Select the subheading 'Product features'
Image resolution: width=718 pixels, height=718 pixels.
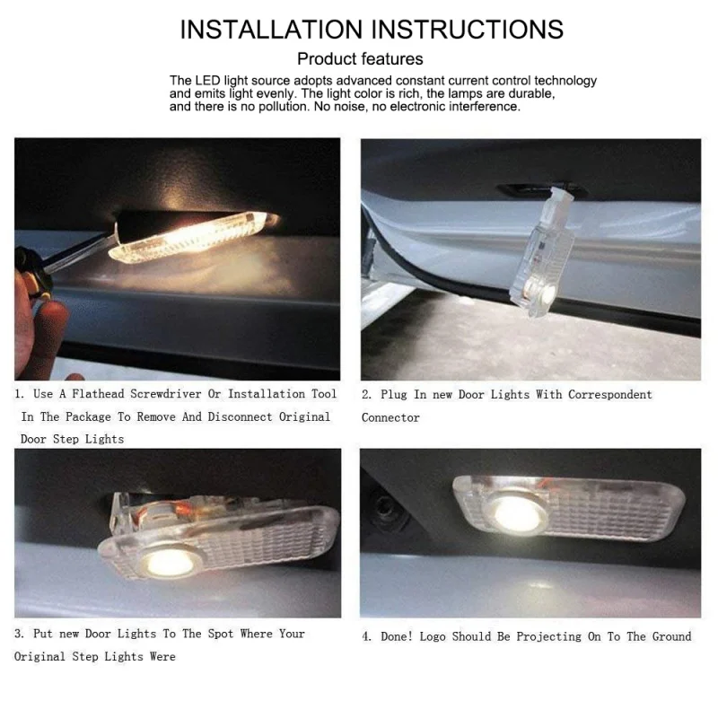[360, 59]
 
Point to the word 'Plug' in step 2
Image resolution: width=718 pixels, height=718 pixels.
[396, 395]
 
